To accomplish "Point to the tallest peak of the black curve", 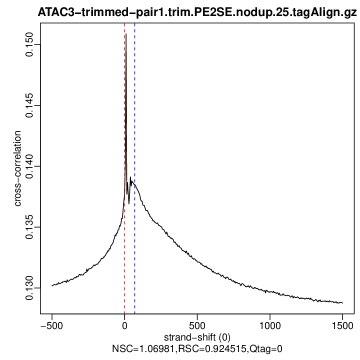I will [x=126, y=34].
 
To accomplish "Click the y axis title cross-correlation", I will [x=17, y=168].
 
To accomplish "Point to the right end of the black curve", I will [x=342, y=303].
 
